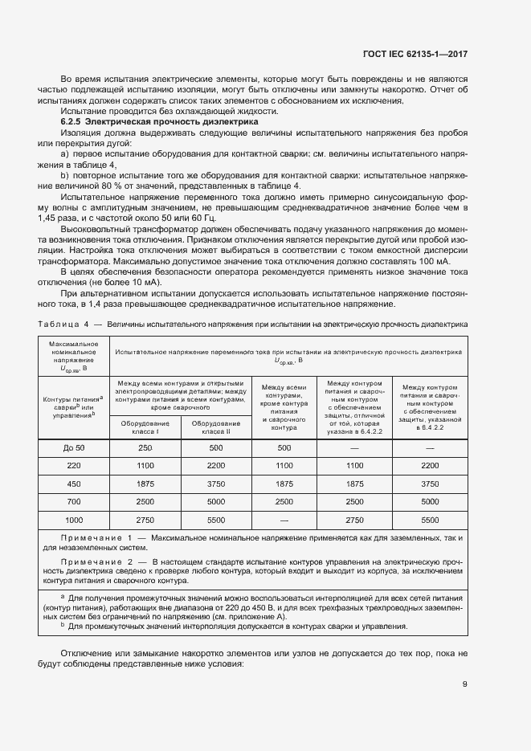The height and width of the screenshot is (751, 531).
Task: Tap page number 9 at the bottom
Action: (x=464, y=684)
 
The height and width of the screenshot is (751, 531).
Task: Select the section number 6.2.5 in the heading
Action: (x=72, y=121)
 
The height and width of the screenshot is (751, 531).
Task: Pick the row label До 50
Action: (x=74, y=447)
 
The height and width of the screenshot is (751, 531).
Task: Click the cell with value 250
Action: (x=145, y=447)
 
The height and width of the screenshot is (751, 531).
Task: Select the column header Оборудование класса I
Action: (x=145, y=427)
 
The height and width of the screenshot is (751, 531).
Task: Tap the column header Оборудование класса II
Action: (x=216, y=427)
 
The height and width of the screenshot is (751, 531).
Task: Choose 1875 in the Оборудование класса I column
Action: (x=145, y=484)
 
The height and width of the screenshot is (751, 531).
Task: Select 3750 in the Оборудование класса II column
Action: (x=216, y=484)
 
